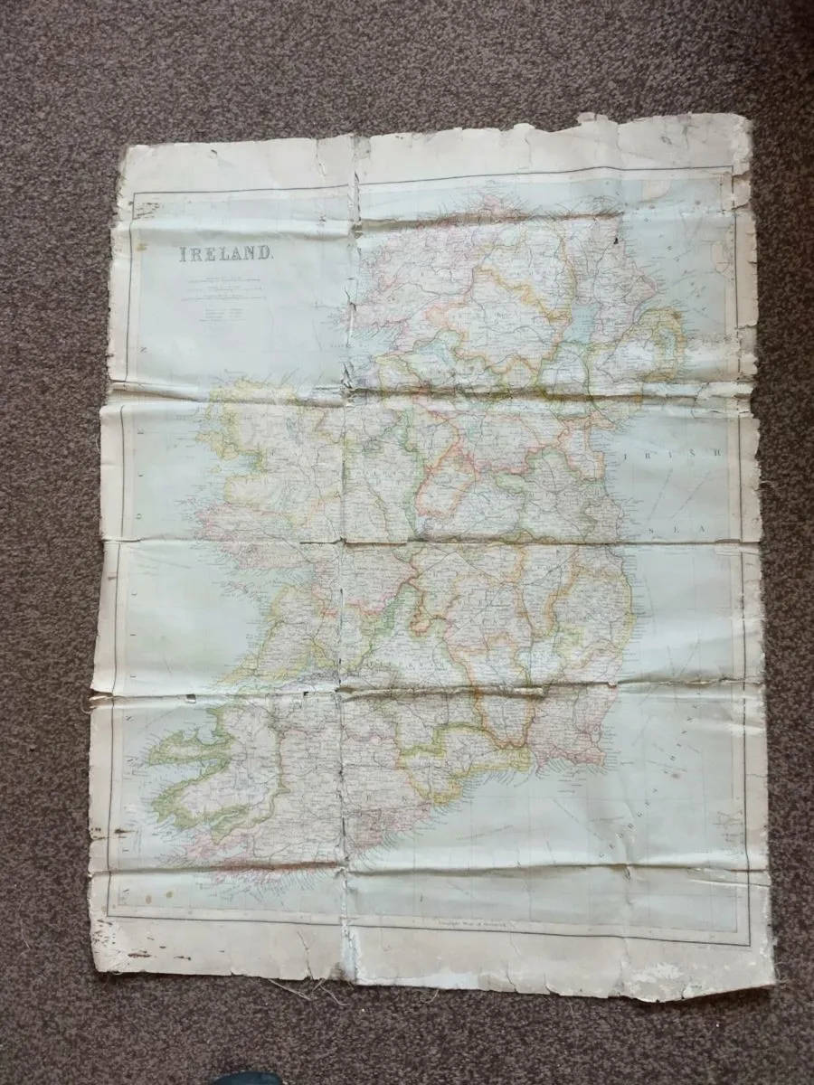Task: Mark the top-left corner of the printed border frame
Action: tap(134, 195)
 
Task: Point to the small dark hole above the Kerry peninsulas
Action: tap(192, 696)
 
